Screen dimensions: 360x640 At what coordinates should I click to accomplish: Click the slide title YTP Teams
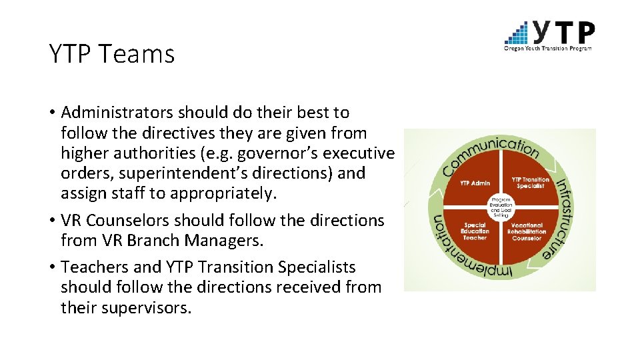(111, 53)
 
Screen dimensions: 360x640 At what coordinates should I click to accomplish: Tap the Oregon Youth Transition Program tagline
(548, 47)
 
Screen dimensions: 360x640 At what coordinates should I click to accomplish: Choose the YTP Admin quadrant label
(475, 183)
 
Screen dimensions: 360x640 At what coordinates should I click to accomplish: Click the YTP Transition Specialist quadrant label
(531, 183)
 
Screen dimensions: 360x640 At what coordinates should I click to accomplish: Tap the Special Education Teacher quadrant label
(475, 231)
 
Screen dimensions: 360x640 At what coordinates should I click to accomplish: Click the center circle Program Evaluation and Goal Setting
(501, 207)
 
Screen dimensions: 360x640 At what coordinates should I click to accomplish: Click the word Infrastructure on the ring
(561, 217)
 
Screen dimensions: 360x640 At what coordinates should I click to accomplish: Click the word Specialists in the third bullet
(317, 267)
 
